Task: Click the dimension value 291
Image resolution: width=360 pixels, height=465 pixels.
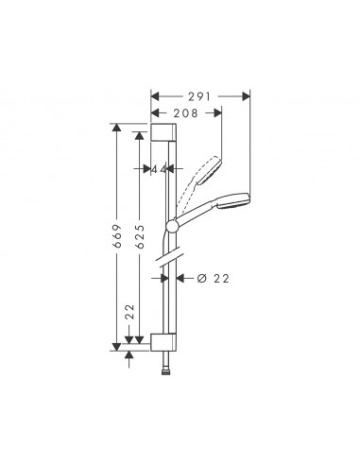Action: (x=200, y=95)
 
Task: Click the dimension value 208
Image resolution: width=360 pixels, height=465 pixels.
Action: (x=185, y=112)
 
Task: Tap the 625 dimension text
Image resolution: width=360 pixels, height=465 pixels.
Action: (x=140, y=237)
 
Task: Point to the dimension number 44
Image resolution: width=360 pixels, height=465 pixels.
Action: (x=160, y=170)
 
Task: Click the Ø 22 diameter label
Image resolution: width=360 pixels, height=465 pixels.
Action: (x=214, y=278)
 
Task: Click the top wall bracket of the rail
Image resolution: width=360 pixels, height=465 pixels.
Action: (x=163, y=131)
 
